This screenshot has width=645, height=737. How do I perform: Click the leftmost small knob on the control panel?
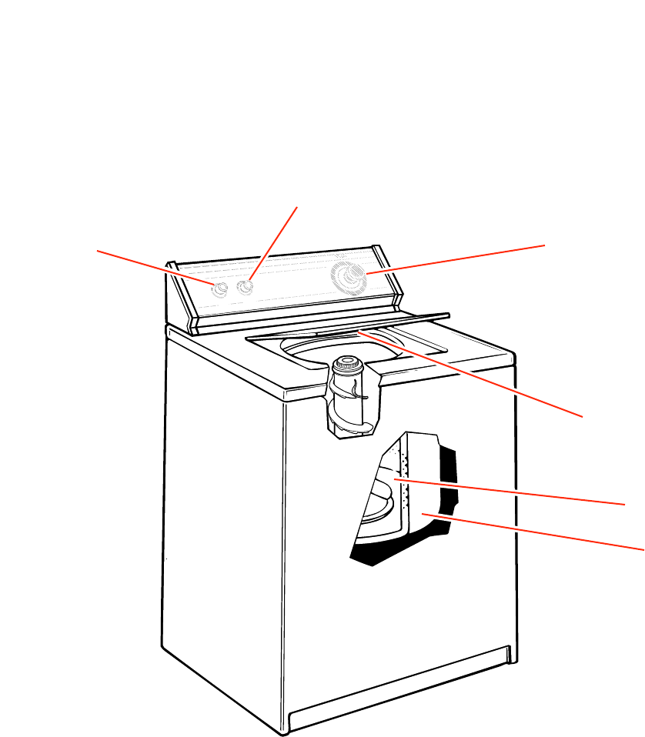[x=219, y=288]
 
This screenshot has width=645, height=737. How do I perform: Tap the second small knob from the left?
[x=246, y=288]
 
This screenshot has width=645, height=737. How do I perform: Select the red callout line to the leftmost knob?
[x=154, y=267]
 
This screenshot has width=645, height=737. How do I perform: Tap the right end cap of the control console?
[x=389, y=277]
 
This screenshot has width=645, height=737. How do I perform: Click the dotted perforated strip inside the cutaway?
[x=398, y=469]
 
